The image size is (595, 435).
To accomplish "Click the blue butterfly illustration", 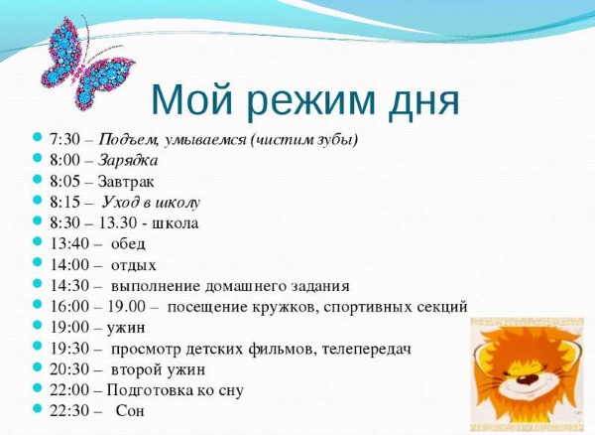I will [x=79, y=61].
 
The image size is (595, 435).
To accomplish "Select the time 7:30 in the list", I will [x=63, y=139].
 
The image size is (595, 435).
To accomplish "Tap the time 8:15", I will [x=63, y=202].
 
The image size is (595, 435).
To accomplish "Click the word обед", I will [x=128, y=243].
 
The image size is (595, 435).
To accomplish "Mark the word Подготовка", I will [x=149, y=389].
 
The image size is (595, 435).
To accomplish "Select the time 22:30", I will [x=67, y=410].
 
